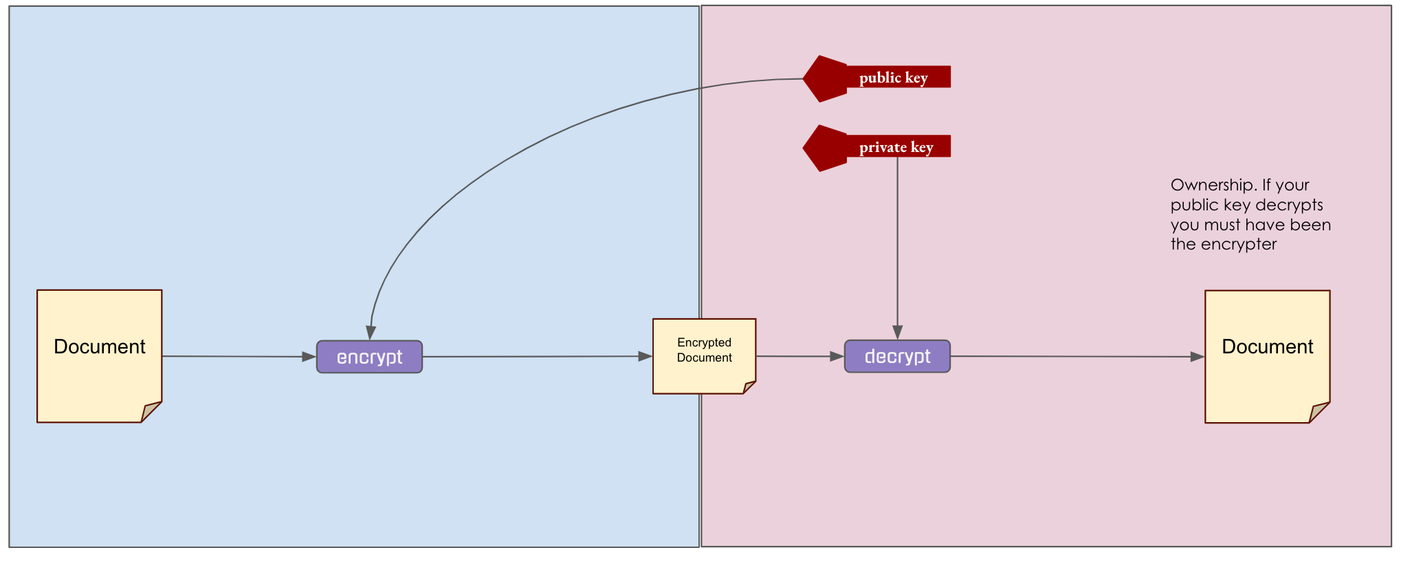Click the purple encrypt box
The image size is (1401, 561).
(x=369, y=357)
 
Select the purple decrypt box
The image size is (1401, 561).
(x=897, y=356)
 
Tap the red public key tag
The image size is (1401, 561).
(x=894, y=77)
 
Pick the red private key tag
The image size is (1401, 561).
(x=896, y=146)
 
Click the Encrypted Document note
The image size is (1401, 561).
(x=704, y=351)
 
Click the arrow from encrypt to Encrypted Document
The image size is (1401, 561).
(x=536, y=356)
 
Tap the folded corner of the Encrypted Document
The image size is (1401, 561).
(x=749, y=387)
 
